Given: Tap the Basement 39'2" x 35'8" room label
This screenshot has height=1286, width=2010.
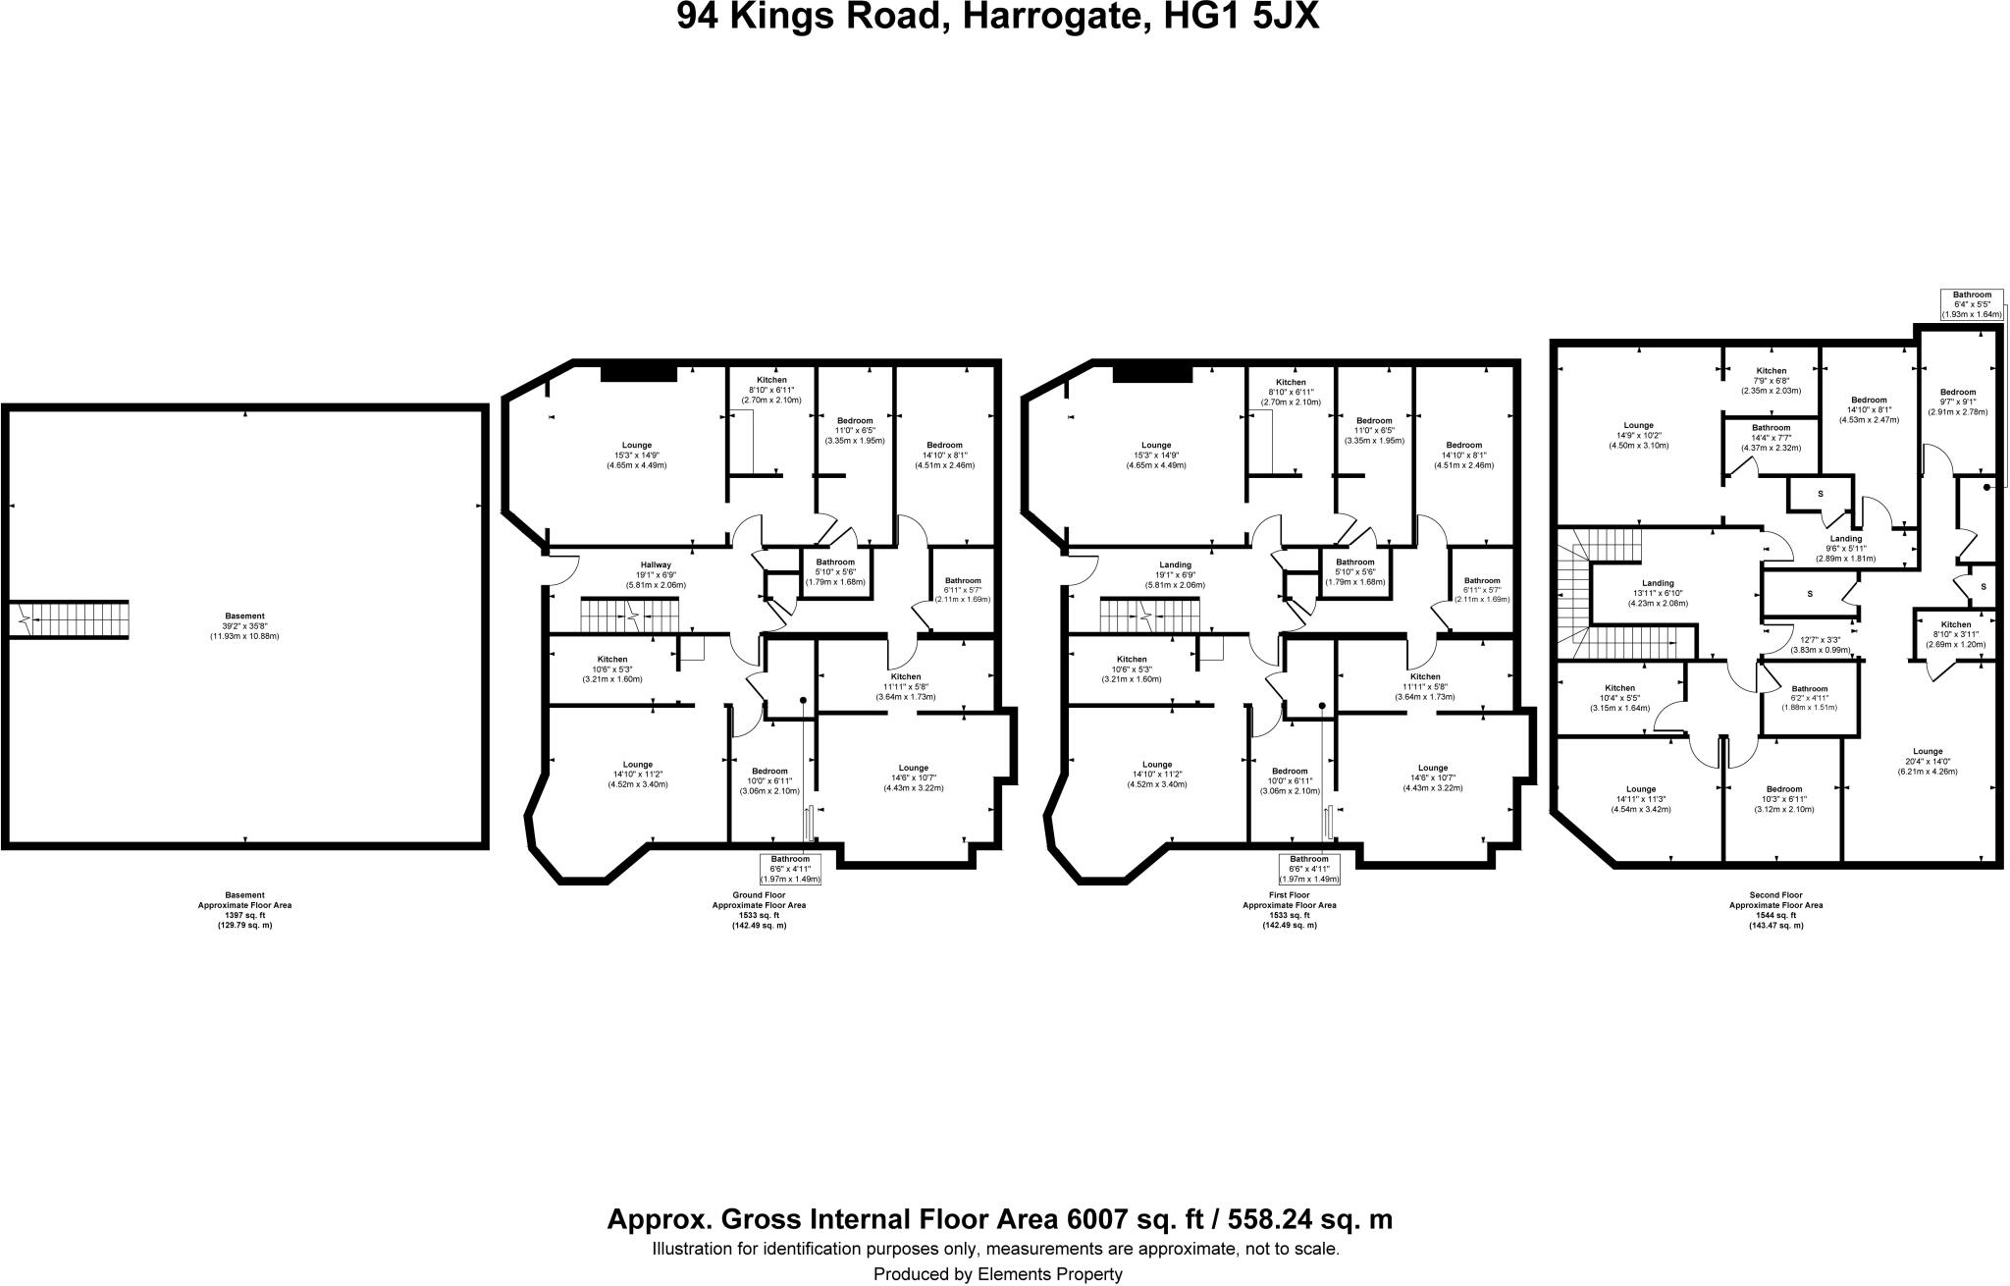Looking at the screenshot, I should [244, 625].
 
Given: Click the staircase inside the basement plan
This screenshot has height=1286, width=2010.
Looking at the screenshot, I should [69, 619].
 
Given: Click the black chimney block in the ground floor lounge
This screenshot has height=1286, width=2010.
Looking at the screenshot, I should [639, 372].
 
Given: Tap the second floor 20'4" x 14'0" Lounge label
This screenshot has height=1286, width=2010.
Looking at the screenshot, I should [1928, 761].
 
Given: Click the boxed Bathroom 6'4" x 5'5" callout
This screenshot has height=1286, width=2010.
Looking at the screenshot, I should [1972, 304].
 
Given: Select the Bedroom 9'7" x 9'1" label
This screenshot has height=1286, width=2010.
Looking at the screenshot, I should [1958, 402].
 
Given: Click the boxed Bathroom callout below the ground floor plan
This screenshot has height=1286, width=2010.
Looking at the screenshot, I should [790, 869].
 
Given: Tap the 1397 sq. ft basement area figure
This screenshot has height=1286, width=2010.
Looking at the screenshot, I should [244, 915].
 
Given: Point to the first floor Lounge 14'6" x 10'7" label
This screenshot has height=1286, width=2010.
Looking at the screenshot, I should [1432, 777].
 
